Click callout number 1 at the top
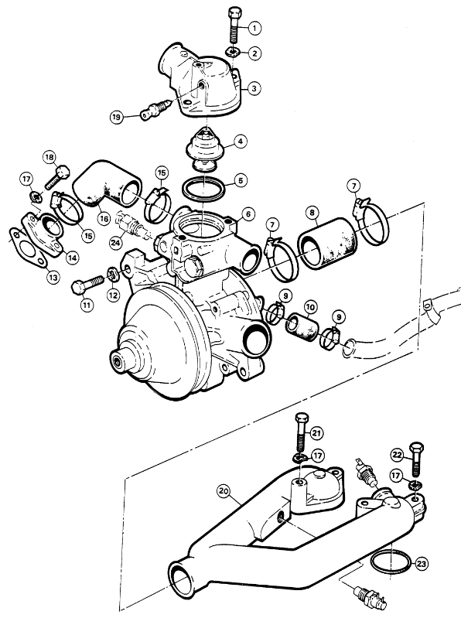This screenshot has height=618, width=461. pyautogui.click(x=254, y=28)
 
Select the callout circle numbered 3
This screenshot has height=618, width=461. pyautogui.click(x=254, y=88)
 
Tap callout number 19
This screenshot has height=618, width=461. pyautogui.click(x=116, y=117)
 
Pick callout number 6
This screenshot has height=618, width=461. pyautogui.click(x=248, y=214)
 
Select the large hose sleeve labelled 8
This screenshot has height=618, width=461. pyautogui.click(x=326, y=243)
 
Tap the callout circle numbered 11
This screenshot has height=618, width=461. pyautogui.click(x=87, y=305)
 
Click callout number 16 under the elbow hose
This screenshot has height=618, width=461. pyautogui.click(x=104, y=219)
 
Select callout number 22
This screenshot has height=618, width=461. pyautogui.click(x=398, y=456)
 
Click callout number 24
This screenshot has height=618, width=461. pyautogui.click(x=115, y=243)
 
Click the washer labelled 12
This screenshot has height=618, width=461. pyautogui.click(x=112, y=273)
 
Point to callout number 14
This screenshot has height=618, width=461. pyautogui.click(x=72, y=258)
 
